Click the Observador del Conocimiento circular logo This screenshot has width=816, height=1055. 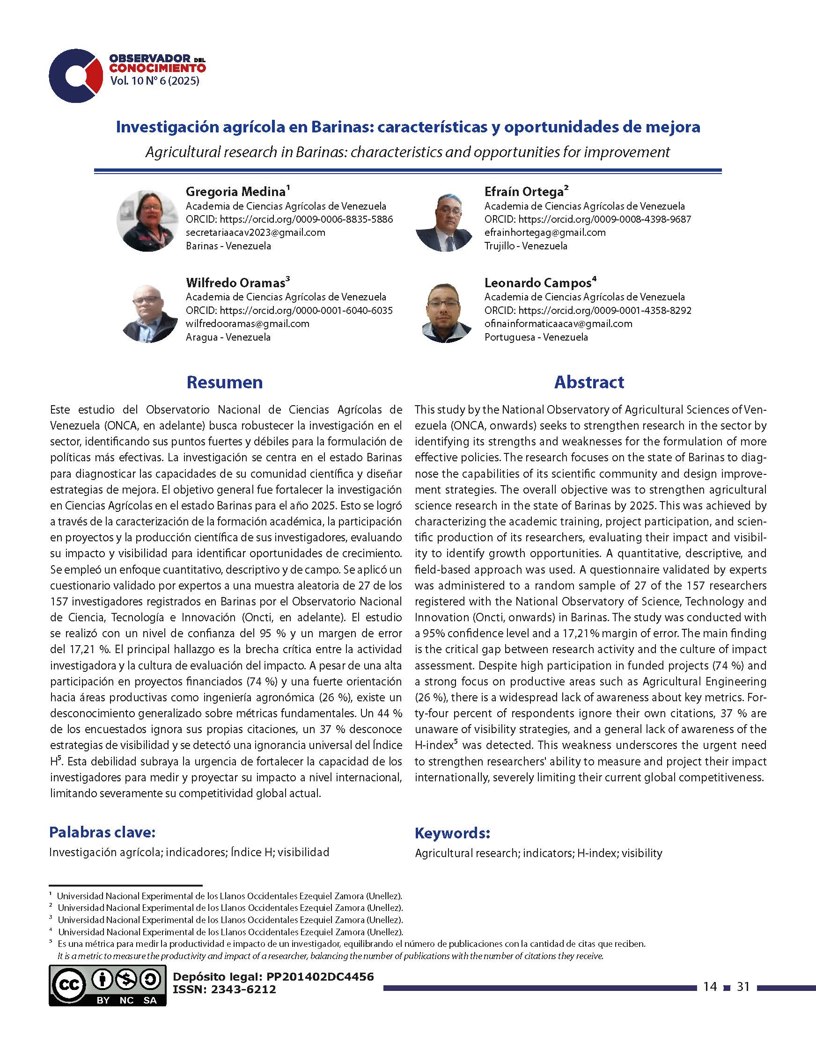76,76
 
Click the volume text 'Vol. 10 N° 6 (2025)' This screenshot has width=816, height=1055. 154,81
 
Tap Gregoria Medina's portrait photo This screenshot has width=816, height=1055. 147,221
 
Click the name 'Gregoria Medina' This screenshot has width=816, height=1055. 235,192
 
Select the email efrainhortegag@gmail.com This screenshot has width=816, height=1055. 545,233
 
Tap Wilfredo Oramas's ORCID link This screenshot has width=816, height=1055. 289,310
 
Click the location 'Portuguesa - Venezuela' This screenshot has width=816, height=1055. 536,337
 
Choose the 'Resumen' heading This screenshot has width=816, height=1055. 225,382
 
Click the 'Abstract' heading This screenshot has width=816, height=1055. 589,382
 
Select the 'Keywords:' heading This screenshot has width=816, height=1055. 452,833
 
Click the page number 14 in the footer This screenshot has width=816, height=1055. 710,986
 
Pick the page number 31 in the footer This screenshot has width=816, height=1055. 742,986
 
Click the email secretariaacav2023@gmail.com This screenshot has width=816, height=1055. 255,233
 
